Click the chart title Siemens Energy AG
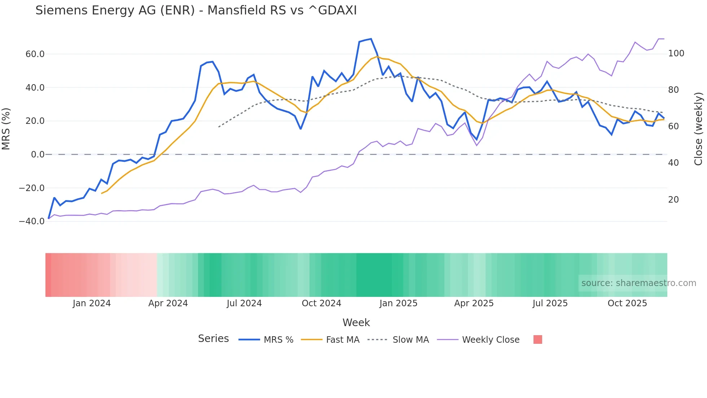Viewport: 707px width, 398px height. tap(196, 10)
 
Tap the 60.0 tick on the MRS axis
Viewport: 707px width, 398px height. tap(35, 54)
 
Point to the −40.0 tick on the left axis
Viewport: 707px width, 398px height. tap(32, 221)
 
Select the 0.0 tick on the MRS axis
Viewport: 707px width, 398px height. tap(38, 155)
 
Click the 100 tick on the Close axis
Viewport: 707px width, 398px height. tap(676, 53)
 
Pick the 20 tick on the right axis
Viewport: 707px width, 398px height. tap(673, 200)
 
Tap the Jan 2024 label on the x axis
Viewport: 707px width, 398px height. tap(92, 303)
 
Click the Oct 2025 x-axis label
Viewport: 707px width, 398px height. tap(627, 303)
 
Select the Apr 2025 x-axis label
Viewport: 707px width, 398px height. tap(474, 303)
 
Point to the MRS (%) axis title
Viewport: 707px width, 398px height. tap(6, 129)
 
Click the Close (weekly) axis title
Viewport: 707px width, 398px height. tap(698, 129)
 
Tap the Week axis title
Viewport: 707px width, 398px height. tap(356, 323)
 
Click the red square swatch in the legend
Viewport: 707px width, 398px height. tap(537, 339)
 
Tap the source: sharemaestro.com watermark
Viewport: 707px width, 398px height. tap(638, 283)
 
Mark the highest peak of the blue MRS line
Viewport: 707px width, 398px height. tap(371, 39)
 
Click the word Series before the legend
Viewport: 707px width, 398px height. tap(213, 339)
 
